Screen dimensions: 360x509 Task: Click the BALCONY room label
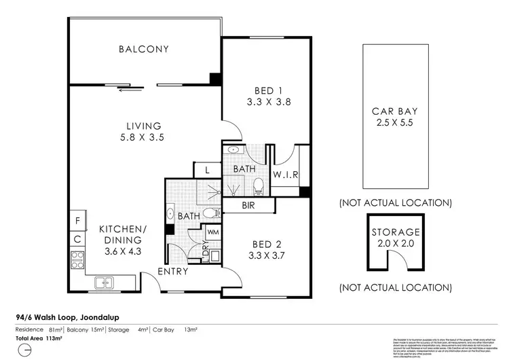click(x=143, y=49)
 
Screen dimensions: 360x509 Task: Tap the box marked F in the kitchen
click(x=77, y=221)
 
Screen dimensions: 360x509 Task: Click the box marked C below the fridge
click(x=77, y=239)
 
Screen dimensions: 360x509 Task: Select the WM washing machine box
click(x=212, y=232)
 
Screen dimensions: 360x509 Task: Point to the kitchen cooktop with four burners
click(x=77, y=259)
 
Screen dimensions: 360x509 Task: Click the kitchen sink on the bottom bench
click(x=106, y=283)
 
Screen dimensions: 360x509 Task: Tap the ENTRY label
click(x=173, y=272)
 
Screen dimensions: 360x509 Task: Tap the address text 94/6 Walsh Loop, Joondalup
click(x=66, y=316)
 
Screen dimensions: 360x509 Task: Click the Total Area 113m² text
click(x=39, y=338)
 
